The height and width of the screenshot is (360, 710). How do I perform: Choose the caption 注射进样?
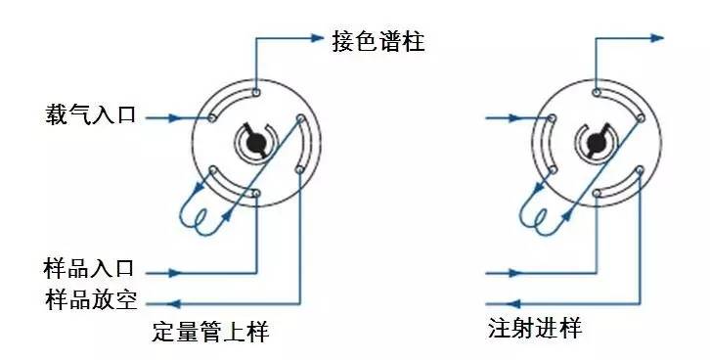point(534,329)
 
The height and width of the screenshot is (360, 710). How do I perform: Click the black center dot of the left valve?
point(256,144)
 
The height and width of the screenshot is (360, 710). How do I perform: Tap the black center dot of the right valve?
point(595,144)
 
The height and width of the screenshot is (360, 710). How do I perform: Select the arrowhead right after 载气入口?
point(176,117)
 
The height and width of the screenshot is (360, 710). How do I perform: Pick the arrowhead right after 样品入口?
point(176,271)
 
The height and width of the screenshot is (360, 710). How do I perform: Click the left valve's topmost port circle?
point(256,94)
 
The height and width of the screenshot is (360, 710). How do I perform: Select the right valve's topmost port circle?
point(595,94)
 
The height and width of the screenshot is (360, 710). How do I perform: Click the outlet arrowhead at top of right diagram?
point(657,39)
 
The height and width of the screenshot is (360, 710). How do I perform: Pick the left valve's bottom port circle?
point(256,194)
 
